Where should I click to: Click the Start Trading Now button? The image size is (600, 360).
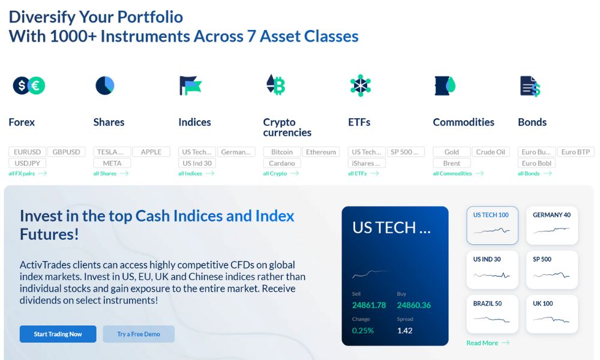coord(58,334)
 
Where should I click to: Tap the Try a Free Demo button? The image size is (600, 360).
coord(139,334)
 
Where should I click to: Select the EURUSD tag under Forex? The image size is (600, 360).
coord(27,152)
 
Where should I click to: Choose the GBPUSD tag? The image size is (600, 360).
coord(66,152)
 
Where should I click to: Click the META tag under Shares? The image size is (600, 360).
coord(112,163)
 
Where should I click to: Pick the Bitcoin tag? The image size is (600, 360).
coord(282,152)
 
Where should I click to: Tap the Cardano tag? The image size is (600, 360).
coord(282,163)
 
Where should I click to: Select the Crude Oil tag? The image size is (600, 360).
coord(491,152)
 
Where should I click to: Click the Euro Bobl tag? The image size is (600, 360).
coord(536,163)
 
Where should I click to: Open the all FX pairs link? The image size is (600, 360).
coord(28,173)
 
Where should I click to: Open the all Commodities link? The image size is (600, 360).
coord(458,173)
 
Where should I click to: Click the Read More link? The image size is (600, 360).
coord(488,343)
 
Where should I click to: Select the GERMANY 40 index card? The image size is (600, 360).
coord(552,226)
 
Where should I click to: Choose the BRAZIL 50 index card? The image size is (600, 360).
coord(492,314)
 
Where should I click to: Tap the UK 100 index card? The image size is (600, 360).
coord(552,314)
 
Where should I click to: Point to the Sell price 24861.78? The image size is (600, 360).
coord(369,305)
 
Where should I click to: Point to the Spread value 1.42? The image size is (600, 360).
coord(405,331)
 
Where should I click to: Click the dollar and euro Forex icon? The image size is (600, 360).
coord(29,85)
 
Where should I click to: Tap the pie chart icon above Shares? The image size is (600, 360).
coord(105,85)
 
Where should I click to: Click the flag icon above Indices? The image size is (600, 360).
coord(190,85)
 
